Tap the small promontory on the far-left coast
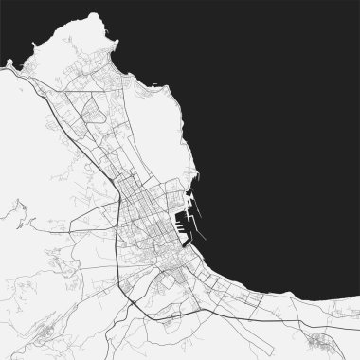pyautogui.click(x=9, y=64)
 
